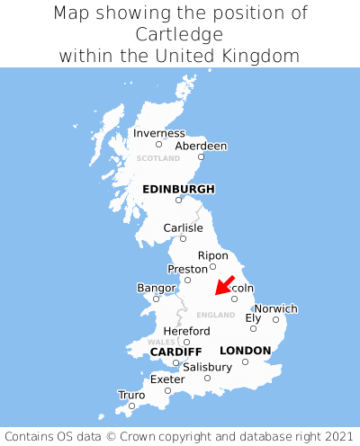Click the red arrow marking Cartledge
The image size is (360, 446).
[x=224, y=286]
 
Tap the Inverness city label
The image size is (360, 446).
[x=158, y=133]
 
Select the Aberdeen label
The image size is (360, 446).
[x=201, y=146]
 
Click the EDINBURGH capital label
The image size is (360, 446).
[x=178, y=189]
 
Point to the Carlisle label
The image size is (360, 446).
[x=183, y=227]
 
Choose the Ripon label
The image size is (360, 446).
[x=213, y=255]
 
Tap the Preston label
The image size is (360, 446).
[x=188, y=269]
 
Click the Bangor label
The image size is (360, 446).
[x=156, y=288]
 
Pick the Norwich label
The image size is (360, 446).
[x=275, y=308]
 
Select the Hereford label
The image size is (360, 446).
[x=186, y=331]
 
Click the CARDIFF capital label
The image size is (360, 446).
[x=175, y=351]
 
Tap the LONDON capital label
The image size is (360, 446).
[x=245, y=351]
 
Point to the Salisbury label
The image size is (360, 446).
[x=207, y=367]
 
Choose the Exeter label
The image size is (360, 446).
[x=167, y=379]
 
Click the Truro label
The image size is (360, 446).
[x=131, y=395]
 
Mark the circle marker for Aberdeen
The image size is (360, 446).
[x=201, y=157]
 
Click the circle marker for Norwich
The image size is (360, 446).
[x=276, y=319]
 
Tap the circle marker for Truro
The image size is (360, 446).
[x=131, y=406]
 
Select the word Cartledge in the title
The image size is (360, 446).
[x=180, y=34]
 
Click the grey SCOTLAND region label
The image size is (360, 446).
[x=158, y=158]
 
